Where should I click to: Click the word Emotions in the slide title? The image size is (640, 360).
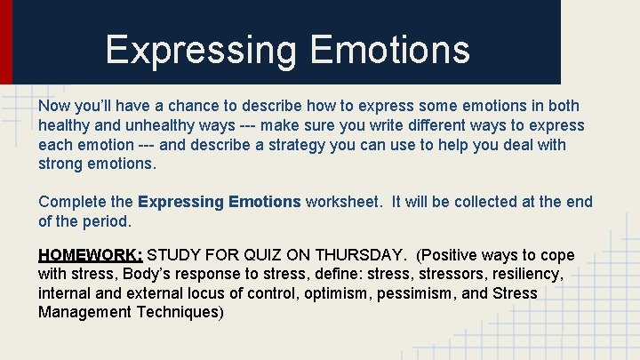coord(390,50)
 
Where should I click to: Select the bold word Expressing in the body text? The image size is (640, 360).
coord(181,202)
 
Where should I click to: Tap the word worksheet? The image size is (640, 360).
coord(344,202)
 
